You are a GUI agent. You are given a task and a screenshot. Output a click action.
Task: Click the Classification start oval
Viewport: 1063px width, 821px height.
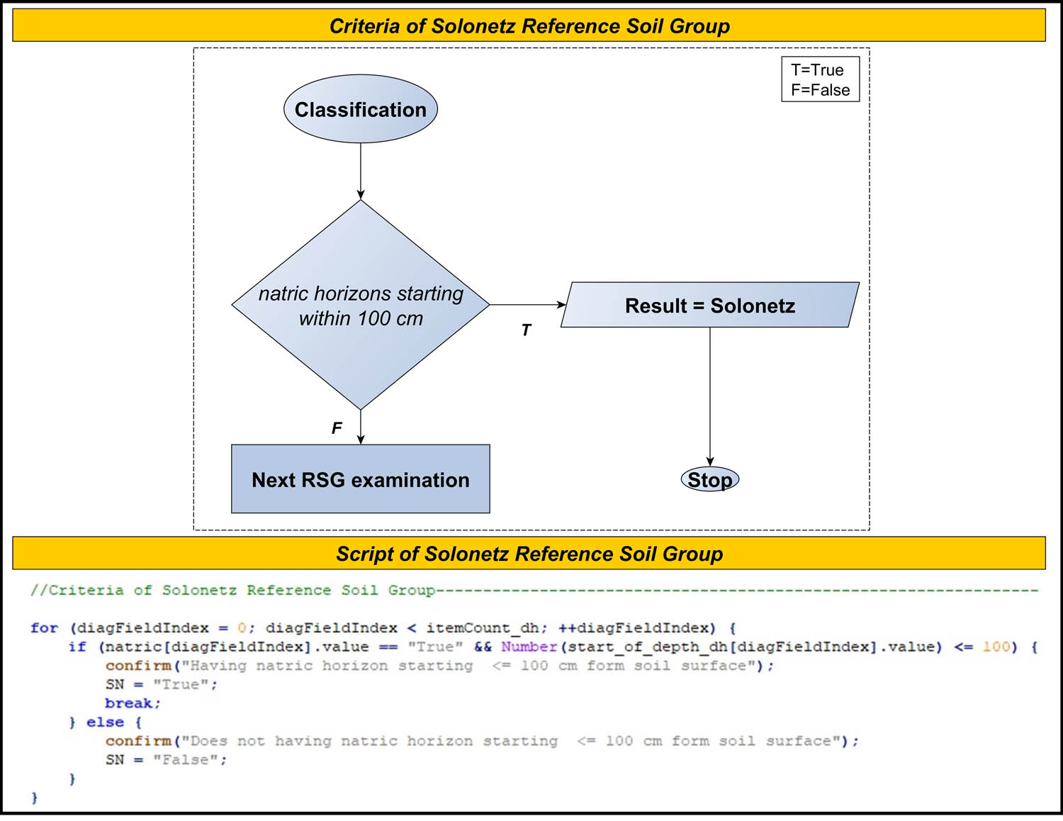[x=360, y=109]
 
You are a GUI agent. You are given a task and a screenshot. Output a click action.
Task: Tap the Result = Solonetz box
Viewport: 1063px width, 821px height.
[x=709, y=306]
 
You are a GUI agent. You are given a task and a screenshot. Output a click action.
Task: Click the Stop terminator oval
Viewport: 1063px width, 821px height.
[x=709, y=480]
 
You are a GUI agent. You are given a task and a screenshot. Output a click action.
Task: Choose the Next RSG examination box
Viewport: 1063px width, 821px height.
[x=360, y=479]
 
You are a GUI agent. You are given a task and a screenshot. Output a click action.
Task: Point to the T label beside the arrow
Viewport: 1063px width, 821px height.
[x=526, y=330]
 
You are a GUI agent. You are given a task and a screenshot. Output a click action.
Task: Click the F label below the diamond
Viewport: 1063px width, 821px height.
[x=337, y=428]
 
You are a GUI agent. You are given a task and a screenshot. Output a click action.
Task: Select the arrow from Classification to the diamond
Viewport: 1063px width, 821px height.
[x=360, y=171]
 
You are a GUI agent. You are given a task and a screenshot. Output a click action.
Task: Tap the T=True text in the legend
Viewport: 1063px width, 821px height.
[x=817, y=70]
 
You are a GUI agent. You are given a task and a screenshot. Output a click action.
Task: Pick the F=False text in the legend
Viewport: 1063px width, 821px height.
[x=820, y=90]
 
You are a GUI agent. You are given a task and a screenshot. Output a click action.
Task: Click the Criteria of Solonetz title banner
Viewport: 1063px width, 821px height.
[x=529, y=26]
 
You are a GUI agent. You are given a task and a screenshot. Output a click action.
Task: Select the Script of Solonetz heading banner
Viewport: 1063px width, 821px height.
[x=529, y=554]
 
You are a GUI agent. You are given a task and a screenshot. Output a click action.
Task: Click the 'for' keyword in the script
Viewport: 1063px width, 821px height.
[x=44, y=628]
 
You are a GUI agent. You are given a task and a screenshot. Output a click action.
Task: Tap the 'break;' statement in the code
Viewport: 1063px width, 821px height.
[x=133, y=703]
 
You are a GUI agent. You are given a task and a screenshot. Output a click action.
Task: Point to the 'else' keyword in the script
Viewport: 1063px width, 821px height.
[x=105, y=722]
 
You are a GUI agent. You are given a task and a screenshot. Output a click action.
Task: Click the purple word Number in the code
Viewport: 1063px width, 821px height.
[x=529, y=647]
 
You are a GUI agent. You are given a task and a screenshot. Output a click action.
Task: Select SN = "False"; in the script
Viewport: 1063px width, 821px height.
[x=166, y=760]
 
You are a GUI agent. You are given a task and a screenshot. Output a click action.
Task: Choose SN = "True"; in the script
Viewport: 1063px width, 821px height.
[x=161, y=685]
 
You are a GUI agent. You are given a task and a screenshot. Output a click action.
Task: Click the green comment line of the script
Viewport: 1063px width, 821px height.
[x=232, y=591]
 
